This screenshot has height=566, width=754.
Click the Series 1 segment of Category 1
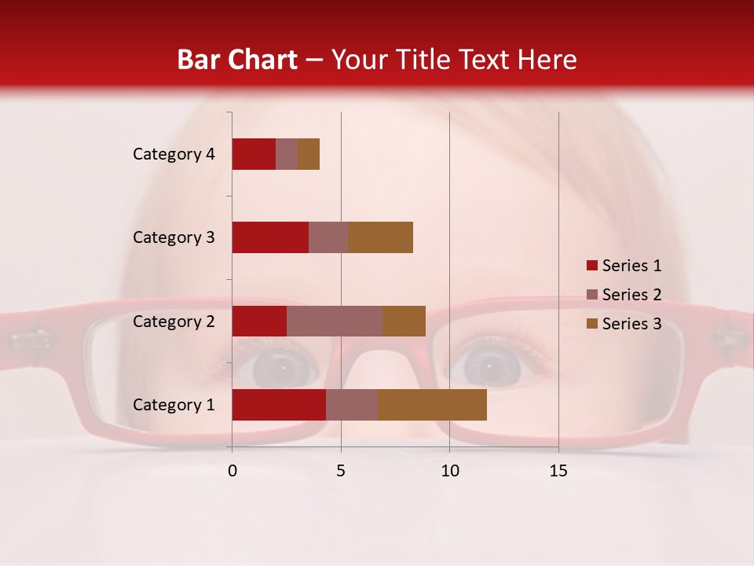278,405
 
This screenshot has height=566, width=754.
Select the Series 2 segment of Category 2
334,321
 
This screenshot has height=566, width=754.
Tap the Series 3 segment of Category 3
380,237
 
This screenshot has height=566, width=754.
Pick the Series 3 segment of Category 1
432,405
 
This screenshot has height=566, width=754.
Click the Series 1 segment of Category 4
254,154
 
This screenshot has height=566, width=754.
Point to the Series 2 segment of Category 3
328,237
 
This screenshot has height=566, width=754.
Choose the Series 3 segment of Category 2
404,321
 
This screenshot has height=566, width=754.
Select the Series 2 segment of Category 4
287,154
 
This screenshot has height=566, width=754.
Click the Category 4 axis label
174,154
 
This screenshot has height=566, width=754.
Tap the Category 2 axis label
174,321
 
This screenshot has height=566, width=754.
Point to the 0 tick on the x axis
232,471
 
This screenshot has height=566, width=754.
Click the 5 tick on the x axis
341,471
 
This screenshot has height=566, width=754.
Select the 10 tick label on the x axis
449,471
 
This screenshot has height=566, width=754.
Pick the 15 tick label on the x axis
558,471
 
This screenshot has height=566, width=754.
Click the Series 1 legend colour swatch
591,266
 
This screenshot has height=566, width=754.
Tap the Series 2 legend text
631,295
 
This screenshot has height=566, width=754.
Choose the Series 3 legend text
631,324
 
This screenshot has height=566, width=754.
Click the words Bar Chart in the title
237,59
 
